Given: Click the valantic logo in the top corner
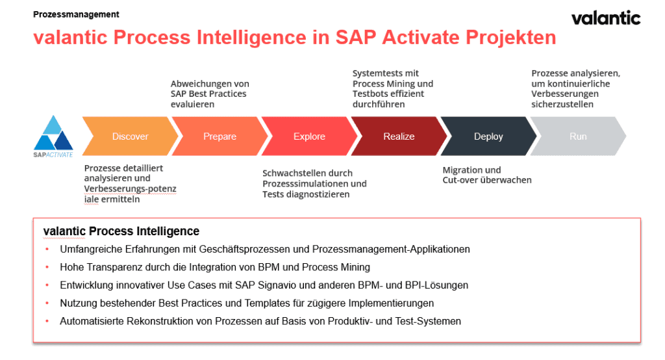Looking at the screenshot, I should tap(605, 18).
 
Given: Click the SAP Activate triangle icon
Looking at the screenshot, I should tap(53, 133).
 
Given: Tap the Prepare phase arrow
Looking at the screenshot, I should tap(220, 136).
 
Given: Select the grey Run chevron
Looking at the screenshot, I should tap(578, 136).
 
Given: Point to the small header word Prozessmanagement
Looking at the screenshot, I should tap(76, 14).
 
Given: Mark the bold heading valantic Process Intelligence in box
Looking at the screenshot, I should tap(121, 231).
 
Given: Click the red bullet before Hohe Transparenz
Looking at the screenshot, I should tap(47, 267).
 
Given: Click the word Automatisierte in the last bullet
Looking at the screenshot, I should tap(90, 321).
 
